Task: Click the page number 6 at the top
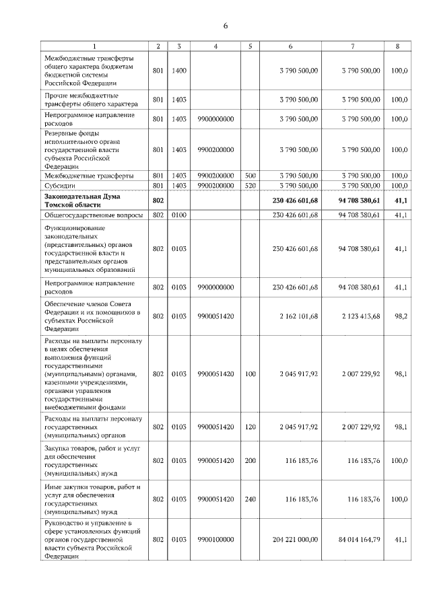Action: click(x=226, y=26)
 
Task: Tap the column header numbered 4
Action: click(x=215, y=46)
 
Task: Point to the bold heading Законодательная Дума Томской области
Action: click(x=84, y=200)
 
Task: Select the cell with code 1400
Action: click(x=179, y=70)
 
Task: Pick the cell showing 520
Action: click(x=249, y=185)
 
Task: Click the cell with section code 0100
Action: click(x=179, y=215)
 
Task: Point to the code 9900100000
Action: click(x=215, y=540)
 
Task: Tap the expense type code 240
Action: click(x=249, y=499)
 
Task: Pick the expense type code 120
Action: click(x=249, y=427)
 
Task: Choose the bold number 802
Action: click(x=158, y=200)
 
